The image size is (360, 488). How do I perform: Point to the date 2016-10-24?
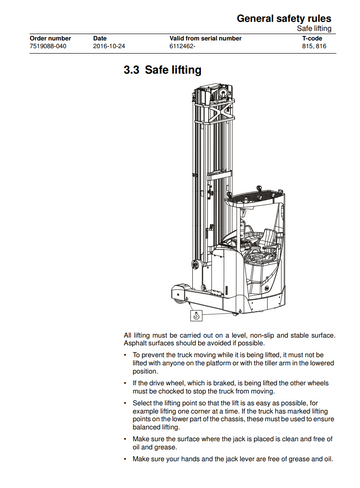tap(112, 46)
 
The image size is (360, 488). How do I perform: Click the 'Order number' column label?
tap(50, 38)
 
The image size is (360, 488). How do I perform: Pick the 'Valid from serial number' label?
tap(205, 38)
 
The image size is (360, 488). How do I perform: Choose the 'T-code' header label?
tap(314, 38)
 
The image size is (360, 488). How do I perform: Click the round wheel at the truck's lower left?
tap(179, 290)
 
